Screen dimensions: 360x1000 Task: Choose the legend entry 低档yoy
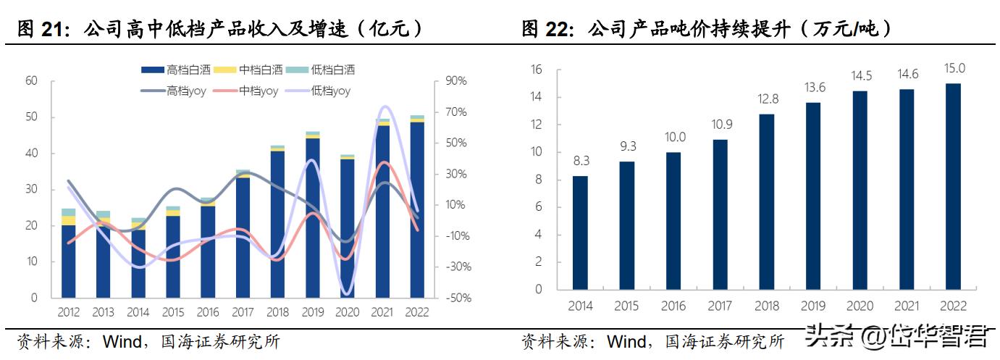(x=322, y=91)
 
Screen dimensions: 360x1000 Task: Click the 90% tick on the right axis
(x=456, y=81)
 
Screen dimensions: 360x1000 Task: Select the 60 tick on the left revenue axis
(x=31, y=81)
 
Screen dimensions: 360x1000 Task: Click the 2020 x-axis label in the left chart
(x=346, y=313)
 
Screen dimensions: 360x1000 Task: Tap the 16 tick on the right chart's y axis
(x=536, y=70)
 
